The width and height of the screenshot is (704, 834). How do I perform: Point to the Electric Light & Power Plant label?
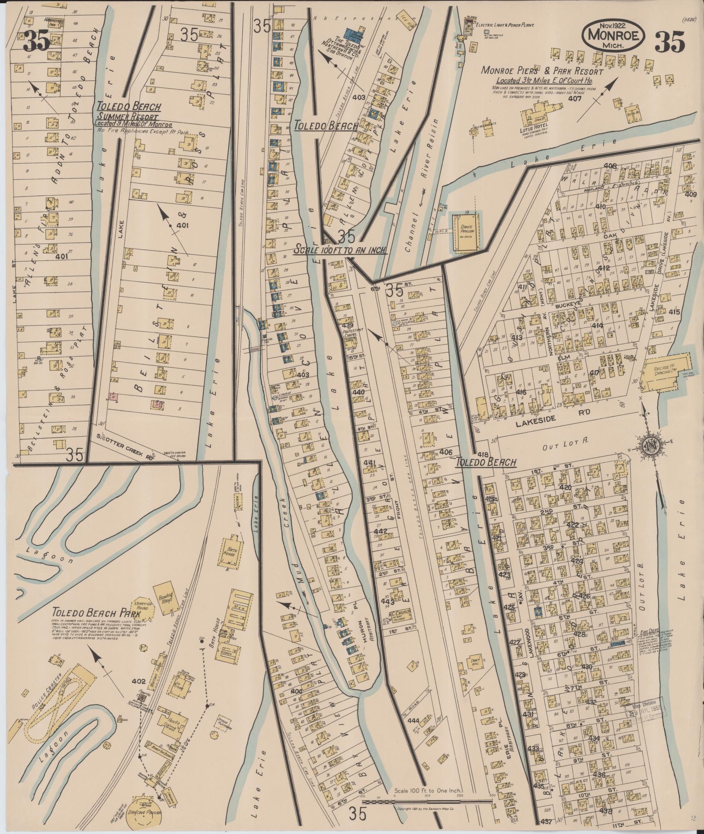pos(505,25)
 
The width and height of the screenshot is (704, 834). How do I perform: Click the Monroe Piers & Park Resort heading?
pos(542,71)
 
